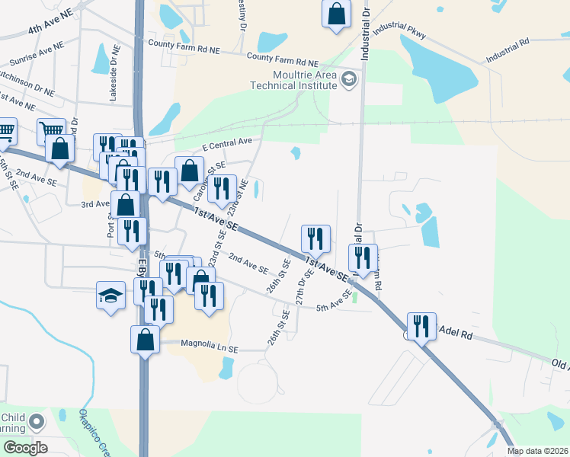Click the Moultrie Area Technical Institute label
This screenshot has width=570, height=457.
294,80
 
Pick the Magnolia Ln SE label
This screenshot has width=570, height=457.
210,345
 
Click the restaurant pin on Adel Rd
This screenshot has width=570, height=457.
421,327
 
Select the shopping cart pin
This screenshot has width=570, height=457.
51,132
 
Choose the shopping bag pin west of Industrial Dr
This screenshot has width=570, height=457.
336,14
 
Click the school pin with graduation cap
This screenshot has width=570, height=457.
110,295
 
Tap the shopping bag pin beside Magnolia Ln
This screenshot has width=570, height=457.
145,339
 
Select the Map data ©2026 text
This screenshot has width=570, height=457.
536,451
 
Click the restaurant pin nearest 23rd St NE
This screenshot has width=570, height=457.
222,188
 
